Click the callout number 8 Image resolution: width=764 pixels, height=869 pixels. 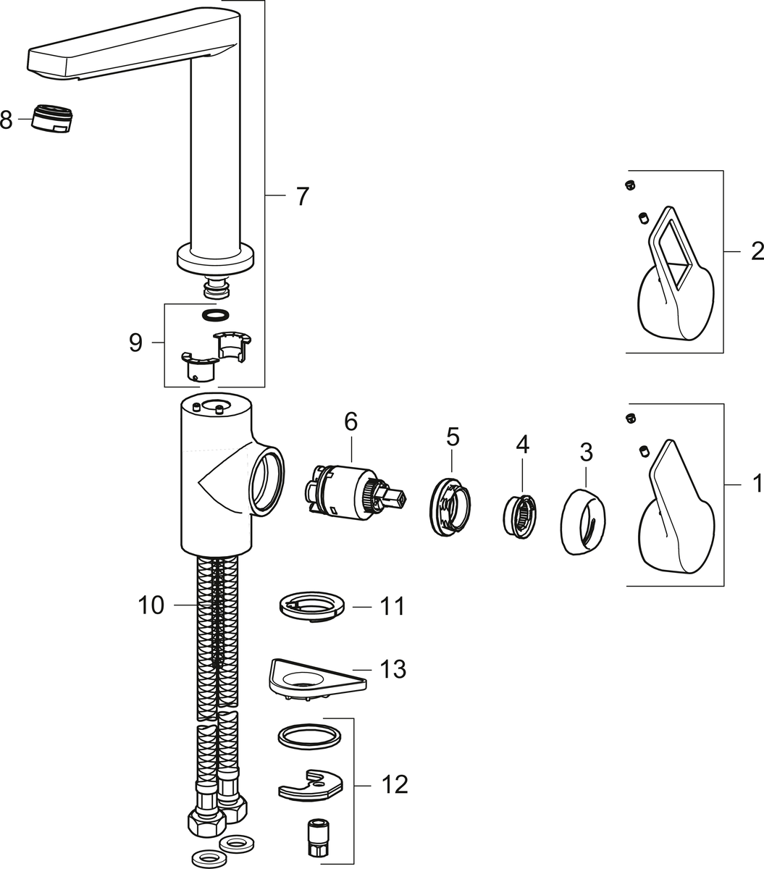7,119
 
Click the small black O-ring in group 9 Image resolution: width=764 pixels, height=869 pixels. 215,315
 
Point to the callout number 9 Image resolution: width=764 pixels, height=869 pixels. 135,343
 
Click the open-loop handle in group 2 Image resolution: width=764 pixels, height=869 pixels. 675,282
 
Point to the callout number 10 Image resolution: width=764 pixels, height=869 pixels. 152,605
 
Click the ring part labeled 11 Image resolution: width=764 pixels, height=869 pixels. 310,605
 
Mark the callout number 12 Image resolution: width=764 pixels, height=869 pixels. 394,784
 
